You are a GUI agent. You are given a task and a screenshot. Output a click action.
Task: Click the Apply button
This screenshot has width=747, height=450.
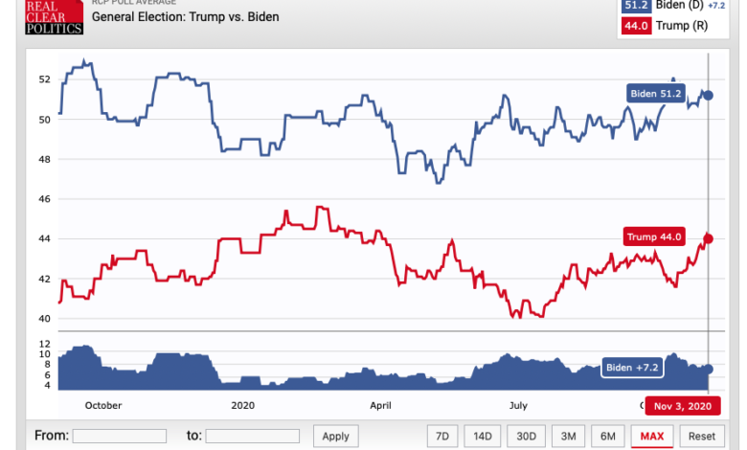coord(335,436)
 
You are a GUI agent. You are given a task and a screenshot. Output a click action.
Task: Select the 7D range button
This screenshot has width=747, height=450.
coord(441,436)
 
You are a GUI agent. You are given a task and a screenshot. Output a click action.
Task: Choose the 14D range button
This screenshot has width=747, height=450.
coord(482,436)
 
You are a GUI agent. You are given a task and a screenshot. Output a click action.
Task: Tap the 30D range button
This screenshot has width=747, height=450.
coord(527,436)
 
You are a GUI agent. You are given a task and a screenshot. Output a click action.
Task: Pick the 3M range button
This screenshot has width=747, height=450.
coord(568,436)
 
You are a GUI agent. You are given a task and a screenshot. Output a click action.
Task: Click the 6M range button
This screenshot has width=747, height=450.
coord(608,436)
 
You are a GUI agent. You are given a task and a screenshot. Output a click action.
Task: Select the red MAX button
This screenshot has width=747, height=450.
coord(652,436)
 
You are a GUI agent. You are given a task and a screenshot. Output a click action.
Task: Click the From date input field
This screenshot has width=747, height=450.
coord(119,436)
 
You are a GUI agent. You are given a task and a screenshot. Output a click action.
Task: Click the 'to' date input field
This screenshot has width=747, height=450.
coord(253,436)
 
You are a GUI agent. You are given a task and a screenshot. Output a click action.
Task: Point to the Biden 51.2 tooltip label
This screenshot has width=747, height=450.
coord(656,93)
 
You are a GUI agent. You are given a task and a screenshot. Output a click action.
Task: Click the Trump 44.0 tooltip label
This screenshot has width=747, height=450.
coord(653,237)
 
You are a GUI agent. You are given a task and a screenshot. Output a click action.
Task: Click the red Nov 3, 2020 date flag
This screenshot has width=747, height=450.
coord(683,406)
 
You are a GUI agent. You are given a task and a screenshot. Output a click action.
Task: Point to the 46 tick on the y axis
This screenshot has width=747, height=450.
coord(45,199)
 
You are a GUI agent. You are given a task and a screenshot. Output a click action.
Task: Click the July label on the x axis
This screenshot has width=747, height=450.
coord(517,405)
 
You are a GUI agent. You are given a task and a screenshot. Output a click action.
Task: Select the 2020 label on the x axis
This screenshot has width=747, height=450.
coord(244,405)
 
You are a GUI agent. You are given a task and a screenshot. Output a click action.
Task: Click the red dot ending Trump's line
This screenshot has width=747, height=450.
coord(709,238)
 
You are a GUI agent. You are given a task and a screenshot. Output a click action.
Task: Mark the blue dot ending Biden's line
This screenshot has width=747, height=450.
coord(709,95)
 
